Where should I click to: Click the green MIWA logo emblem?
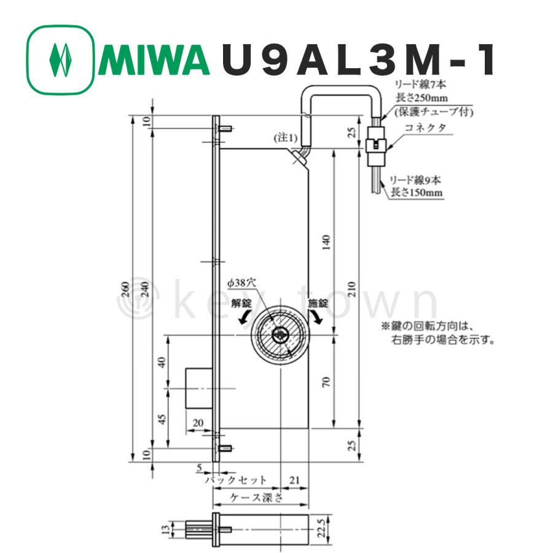tap(60, 60)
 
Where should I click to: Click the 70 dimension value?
tap(326, 381)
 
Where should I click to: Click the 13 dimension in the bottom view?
tap(163, 527)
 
